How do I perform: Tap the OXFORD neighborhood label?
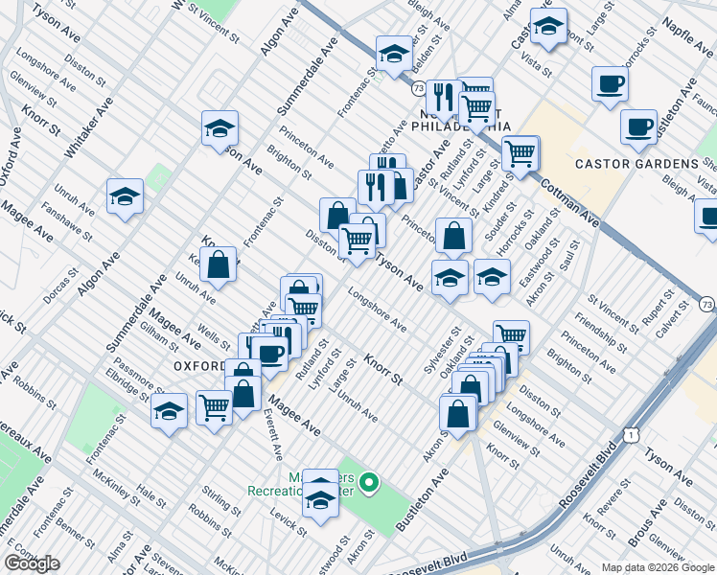200,366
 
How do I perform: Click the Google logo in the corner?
32,563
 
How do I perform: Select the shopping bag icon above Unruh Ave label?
220,267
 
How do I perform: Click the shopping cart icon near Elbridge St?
214,407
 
